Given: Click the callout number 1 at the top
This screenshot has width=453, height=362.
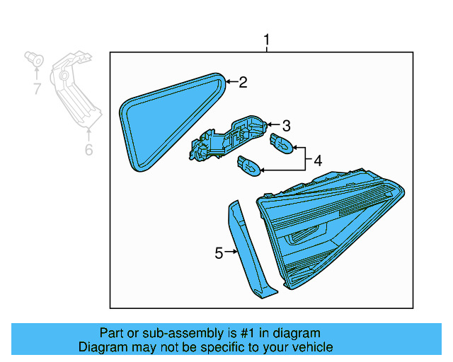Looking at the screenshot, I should click(x=267, y=40).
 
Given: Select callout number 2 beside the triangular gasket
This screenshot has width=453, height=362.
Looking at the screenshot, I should click(x=243, y=83).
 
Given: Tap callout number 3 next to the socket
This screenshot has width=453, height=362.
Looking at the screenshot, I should click(x=286, y=126).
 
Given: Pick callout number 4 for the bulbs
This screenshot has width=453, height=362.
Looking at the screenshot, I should click(x=317, y=161).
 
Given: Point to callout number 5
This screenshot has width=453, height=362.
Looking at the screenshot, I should click(x=219, y=252).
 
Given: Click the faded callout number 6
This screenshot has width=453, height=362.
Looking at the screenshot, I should click(x=88, y=150).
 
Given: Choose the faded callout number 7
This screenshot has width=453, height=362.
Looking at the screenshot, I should click(x=36, y=89).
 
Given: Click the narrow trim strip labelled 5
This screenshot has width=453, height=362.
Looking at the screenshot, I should click(x=248, y=251).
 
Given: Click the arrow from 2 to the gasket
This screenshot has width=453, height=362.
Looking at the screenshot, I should click(x=231, y=83).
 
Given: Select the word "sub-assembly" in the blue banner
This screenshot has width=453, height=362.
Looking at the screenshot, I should click(x=162, y=333).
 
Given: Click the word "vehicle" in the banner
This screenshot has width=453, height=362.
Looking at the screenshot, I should click(x=311, y=347).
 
